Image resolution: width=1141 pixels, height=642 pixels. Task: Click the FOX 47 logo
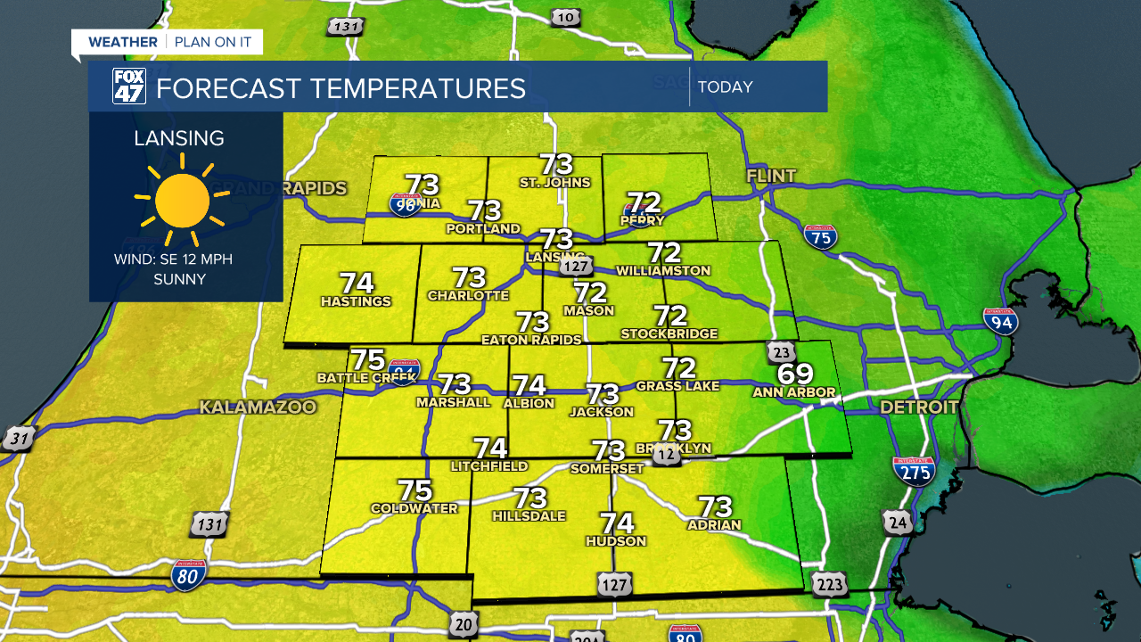(128, 86)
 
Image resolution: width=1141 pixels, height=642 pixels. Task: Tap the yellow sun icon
(182, 201)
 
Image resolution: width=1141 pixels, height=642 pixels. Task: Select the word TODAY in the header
(726, 87)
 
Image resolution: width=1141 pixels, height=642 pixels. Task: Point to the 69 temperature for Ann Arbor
(794, 374)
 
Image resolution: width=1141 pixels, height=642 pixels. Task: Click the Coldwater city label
(415, 509)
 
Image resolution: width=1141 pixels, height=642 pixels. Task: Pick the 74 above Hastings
(357, 283)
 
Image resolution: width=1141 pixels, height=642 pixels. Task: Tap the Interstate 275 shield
(913, 470)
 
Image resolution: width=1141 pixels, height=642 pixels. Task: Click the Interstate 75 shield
(820, 236)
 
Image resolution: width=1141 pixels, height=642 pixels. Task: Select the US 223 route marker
(828, 584)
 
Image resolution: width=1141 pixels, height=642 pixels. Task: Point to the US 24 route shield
(899, 523)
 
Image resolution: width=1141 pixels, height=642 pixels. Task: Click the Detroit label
(919, 407)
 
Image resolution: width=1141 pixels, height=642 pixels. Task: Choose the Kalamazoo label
(258, 407)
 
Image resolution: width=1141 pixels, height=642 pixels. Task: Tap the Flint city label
(771, 177)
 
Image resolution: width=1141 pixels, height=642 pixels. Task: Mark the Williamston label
(663, 270)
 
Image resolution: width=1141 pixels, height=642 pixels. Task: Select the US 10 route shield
(565, 17)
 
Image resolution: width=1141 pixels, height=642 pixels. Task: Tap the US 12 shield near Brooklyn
(666, 456)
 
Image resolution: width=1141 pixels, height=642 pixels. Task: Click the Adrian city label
(714, 525)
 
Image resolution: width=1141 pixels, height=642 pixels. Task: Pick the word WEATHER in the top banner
(123, 42)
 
